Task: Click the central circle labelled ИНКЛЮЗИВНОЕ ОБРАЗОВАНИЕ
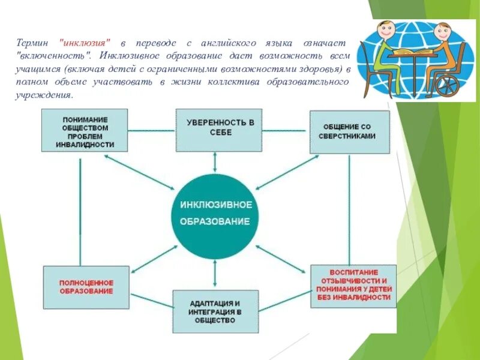tap(215, 213)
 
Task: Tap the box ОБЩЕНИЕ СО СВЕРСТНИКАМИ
tap(349, 131)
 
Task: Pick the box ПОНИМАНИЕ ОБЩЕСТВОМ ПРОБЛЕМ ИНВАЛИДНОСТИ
tap(85, 129)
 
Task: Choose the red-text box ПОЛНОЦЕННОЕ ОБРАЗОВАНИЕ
tap(86, 287)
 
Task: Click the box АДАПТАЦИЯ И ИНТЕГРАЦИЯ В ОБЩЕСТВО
tap(215, 311)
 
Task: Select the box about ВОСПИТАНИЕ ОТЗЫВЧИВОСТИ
tap(353, 286)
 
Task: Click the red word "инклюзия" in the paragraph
tap(85, 44)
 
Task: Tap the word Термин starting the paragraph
tap(32, 44)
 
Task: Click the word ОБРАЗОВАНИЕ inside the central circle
tap(215, 221)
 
